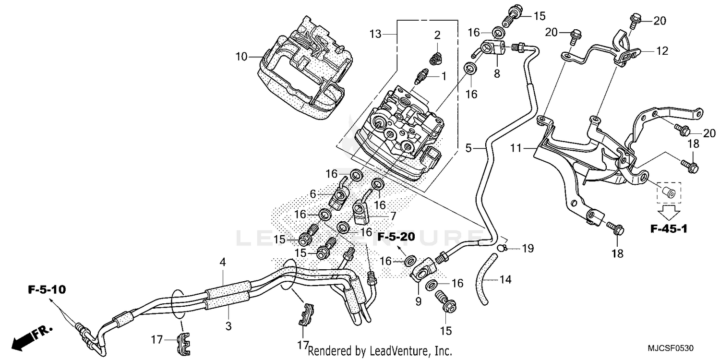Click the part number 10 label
[241, 57]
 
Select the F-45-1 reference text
[669, 229]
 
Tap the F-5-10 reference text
[47, 290]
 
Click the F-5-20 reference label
[396, 237]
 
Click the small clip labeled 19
[501, 247]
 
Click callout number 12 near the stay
[662, 51]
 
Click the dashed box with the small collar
[668, 192]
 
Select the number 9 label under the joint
[418, 302]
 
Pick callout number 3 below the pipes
[228, 326]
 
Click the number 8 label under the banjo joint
[497, 74]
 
